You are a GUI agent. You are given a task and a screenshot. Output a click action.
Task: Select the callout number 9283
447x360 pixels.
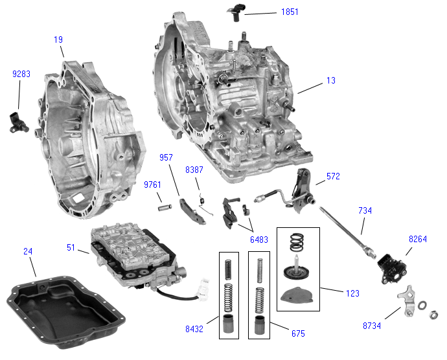(21, 74)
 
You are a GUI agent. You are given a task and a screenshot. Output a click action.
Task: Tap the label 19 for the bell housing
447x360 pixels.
(58, 40)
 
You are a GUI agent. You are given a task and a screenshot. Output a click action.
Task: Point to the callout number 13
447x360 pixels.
(330, 81)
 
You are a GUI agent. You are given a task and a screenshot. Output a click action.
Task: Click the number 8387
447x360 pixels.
(194, 170)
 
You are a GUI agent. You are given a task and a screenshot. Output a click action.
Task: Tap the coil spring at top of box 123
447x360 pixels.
(297, 243)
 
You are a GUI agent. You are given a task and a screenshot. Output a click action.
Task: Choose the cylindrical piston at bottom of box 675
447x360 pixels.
(259, 324)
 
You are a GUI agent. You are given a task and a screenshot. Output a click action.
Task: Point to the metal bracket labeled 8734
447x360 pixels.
(407, 300)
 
